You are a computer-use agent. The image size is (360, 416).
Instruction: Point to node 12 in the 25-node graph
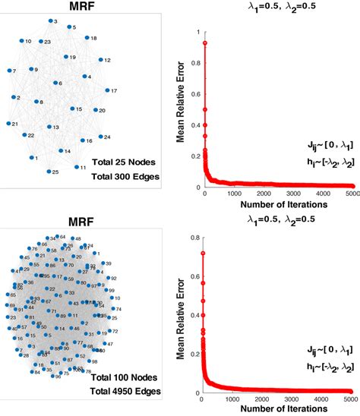(x=99, y=60)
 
